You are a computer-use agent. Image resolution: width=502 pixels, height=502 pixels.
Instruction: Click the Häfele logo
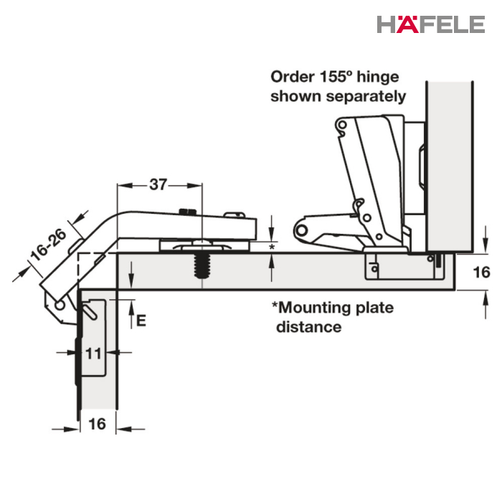[430, 24]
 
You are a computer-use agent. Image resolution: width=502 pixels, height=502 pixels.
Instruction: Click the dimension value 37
[158, 184]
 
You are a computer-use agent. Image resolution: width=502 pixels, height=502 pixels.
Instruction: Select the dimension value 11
[93, 354]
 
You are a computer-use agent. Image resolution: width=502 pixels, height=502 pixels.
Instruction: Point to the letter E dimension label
[141, 320]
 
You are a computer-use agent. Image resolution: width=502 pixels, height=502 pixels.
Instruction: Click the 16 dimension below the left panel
[97, 424]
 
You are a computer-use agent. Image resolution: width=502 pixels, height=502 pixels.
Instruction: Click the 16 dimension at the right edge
[481, 273]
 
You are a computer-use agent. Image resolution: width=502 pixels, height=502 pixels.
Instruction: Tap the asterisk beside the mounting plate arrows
[272, 247]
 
